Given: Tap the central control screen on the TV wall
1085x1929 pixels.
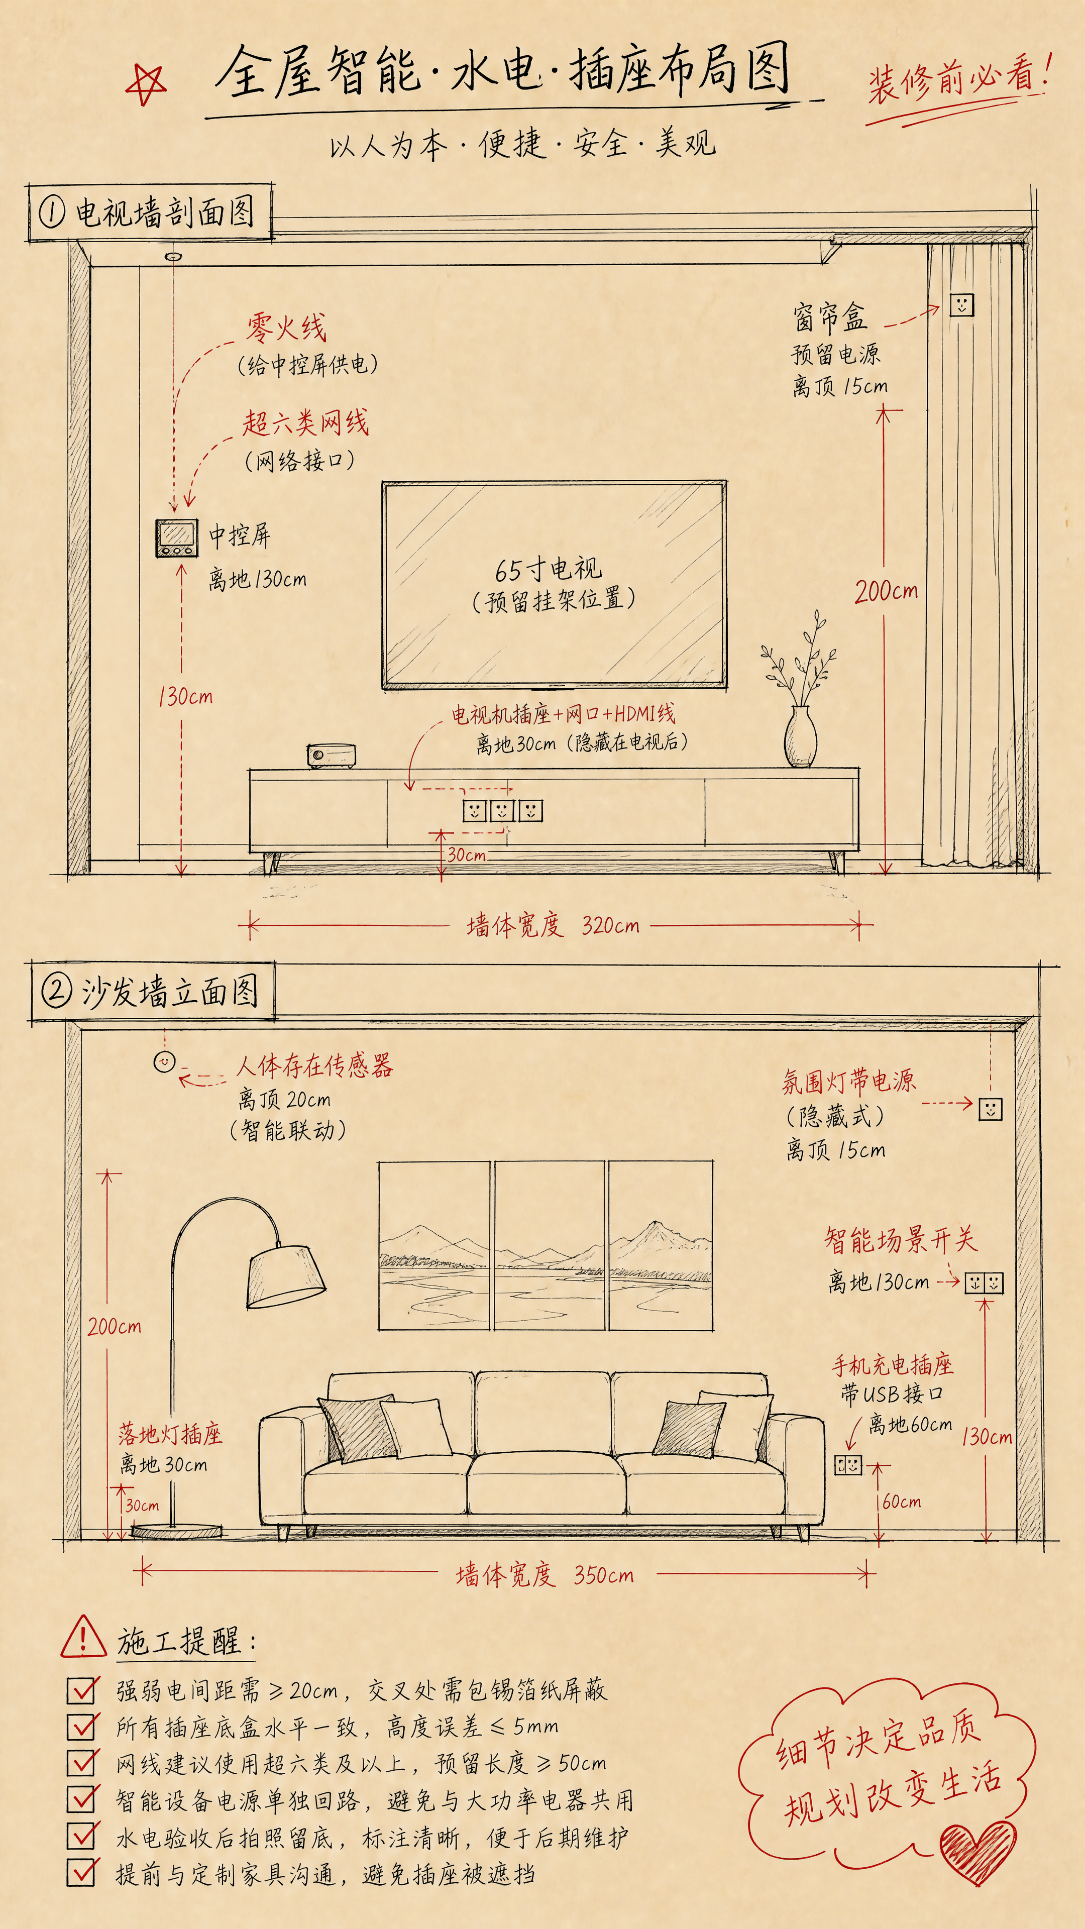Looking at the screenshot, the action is pyautogui.click(x=177, y=537).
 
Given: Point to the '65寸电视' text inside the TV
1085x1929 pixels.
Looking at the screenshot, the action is pyautogui.click(x=548, y=569).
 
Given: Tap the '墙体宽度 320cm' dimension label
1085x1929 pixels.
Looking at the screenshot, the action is pyautogui.click(x=554, y=925).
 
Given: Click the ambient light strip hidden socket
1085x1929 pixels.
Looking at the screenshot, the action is pyautogui.click(x=990, y=1108).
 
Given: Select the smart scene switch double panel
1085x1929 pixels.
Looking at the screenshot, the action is pyautogui.click(x=984, y=1283).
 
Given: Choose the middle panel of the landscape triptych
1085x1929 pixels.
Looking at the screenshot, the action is pyautogui.click(x=549, y=1246).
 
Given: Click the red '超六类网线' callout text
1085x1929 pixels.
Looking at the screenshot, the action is pyautogui.click(x=305, y=422).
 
